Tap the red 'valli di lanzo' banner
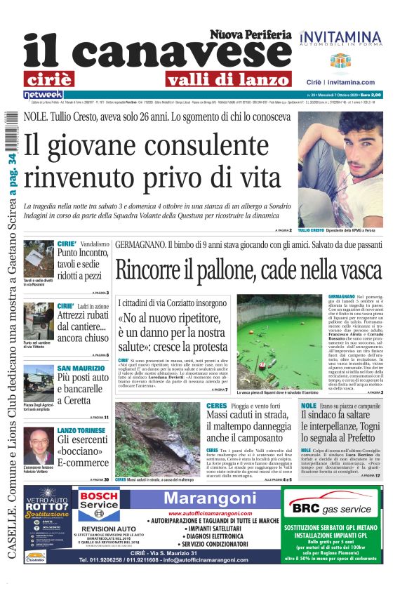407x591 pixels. click(201, 79)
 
